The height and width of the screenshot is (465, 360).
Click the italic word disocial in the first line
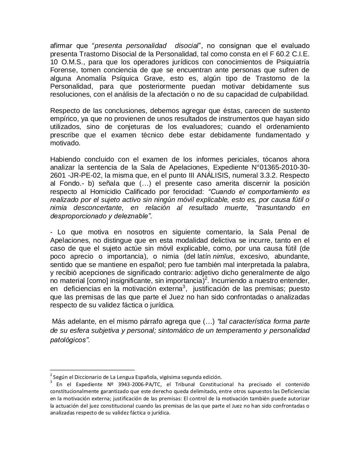(x=187, y=46)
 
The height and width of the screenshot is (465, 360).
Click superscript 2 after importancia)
(x=206, y=279)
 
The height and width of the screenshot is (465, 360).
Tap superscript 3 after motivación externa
(x=184, y=287)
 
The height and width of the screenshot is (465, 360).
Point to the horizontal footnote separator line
(x=92, y=368)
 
